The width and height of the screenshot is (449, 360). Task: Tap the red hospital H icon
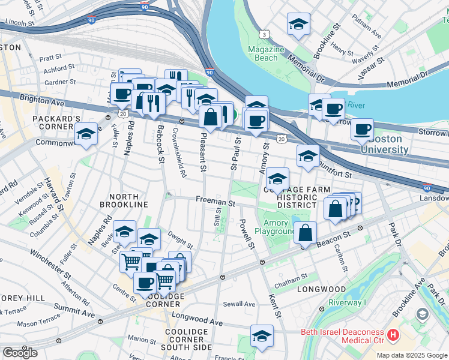pyautogui.click(x=393, y=334)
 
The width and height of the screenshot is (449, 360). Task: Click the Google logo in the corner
pyautogui.click(x=20, y=353)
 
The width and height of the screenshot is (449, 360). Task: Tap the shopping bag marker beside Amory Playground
pyautogui.click(x=306, y=233)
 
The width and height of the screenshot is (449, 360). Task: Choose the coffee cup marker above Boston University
pyautogui.click(x=362, y=129)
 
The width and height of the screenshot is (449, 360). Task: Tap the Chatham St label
pyautogui.click(x=291, y=277)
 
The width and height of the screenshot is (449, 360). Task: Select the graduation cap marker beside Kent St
pyautogui.click(x=262, y=337)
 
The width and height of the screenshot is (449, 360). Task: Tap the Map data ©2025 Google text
pyautogui.click(x=412, y=355)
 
